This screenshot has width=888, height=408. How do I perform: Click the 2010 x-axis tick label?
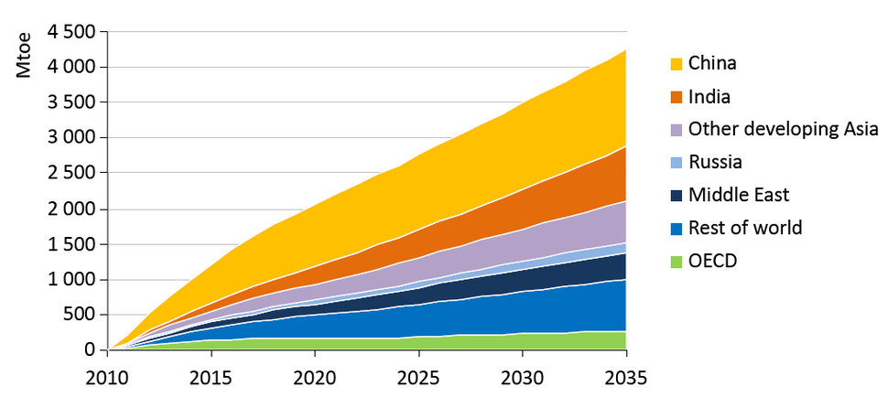pos(108,379)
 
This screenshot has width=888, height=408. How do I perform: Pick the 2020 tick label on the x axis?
pos(315,379)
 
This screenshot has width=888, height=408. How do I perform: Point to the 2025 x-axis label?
pos(418,379)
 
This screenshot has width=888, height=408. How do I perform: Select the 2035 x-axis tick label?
pos(625,379)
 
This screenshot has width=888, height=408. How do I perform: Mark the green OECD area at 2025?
pos(418,343)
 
